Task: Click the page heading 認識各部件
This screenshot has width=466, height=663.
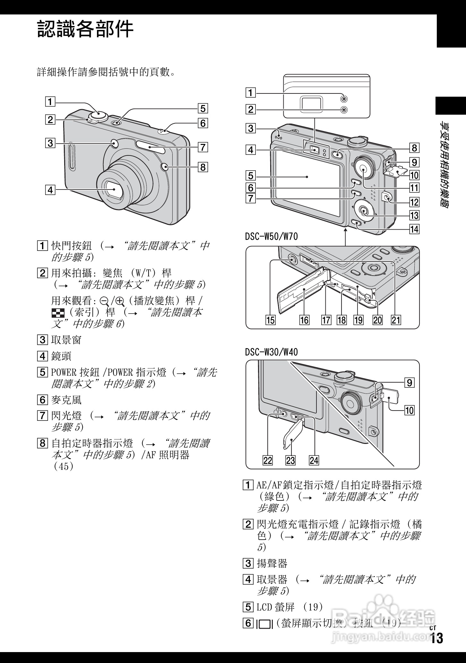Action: tap(85, 29)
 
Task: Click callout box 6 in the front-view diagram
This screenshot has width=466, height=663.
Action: tap(203, 123)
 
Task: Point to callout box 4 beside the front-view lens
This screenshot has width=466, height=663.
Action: tap(50, 190)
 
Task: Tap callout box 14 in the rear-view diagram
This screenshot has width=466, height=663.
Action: tap(414, 229)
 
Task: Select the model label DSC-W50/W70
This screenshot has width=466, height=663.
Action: tap(271, 237)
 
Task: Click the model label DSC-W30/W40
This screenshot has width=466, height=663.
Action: tap(271, 352)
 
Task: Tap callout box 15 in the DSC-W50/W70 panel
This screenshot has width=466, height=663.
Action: tap(271, 320)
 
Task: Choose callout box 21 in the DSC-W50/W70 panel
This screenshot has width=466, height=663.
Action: tap(396, 320)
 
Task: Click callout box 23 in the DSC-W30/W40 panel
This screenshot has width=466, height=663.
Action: tap(290, 461)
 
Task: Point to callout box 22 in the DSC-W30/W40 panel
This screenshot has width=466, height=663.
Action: tap(268, 461)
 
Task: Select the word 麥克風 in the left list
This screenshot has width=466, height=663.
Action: tap(66, 400)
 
